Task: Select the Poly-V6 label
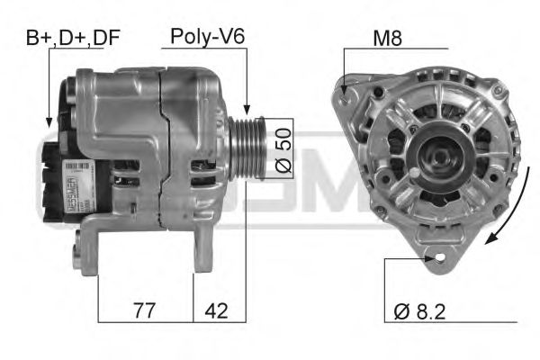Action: point(209,37)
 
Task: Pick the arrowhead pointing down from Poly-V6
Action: point(246,110)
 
